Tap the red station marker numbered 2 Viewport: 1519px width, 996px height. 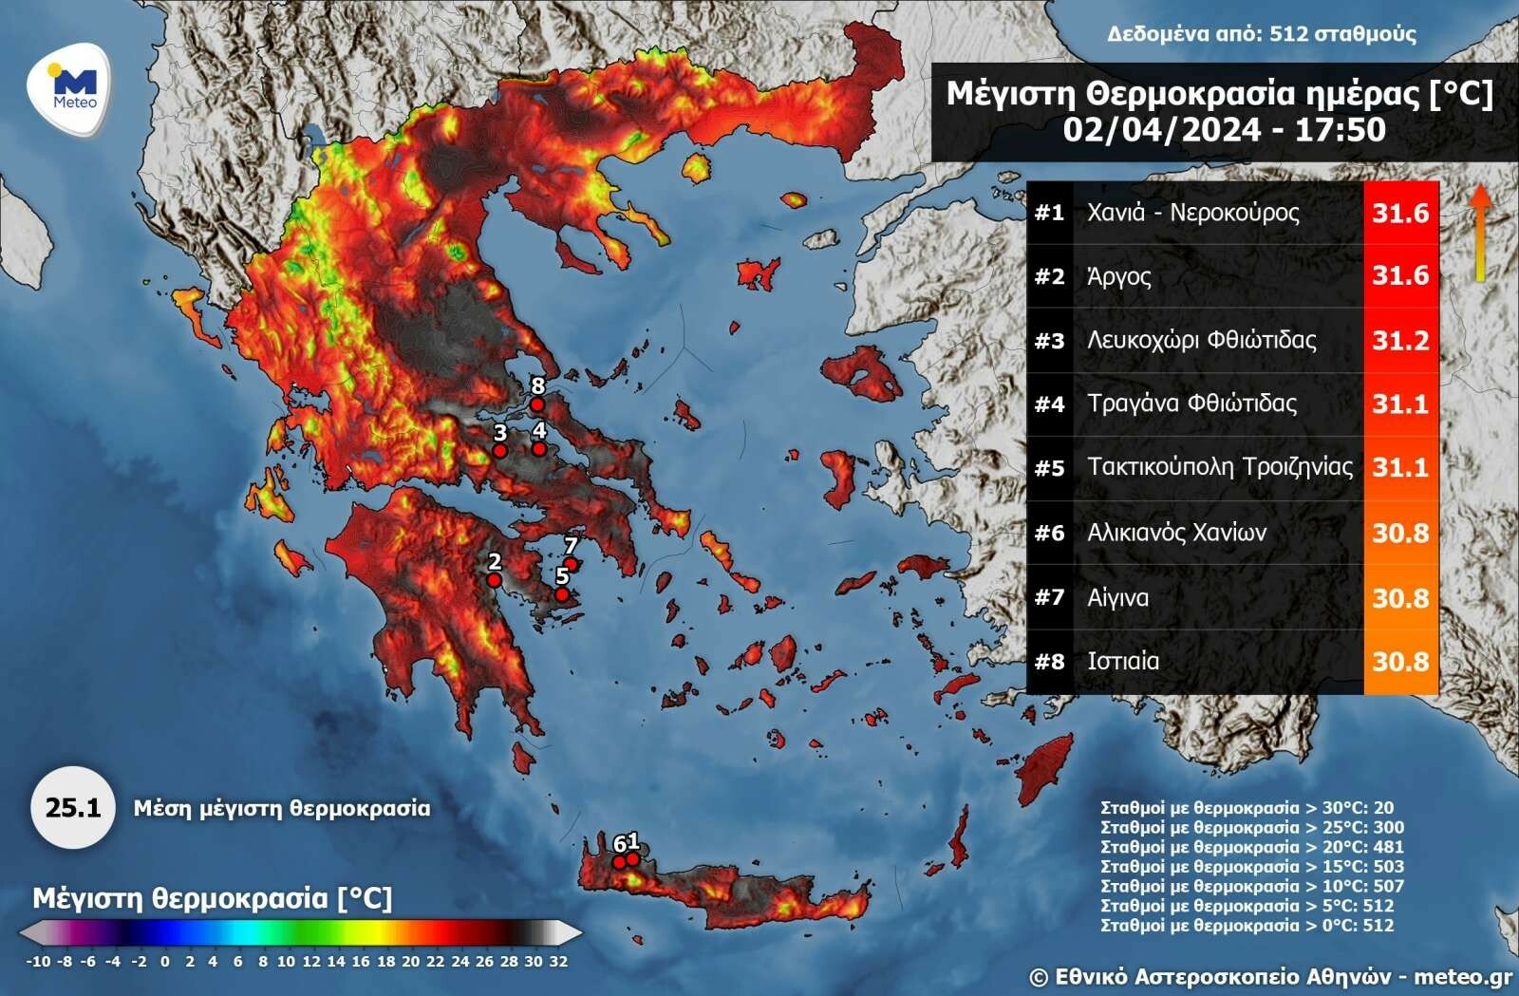click(494, 579)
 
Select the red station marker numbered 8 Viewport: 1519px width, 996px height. click(536, 404)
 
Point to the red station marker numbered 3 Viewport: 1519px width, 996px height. click(499, 451)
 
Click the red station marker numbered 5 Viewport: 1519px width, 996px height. click(562, 594)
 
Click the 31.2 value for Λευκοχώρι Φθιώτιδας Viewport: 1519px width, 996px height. click(1399, 340)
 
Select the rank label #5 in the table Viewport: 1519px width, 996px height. click(1049, 468)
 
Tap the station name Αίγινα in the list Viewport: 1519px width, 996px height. click(1117, 597)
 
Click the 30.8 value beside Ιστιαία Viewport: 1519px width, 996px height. click(1399, 661)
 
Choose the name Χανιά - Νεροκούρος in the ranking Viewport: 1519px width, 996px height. click(1192, 212)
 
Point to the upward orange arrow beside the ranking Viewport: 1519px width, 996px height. click(1478, 232)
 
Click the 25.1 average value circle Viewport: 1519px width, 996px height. click(73, 808)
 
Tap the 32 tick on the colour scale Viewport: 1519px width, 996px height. click(558, 961)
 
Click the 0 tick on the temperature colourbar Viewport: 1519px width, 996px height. click(164, 961)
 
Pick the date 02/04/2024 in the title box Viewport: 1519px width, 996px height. click(1161, 129)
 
